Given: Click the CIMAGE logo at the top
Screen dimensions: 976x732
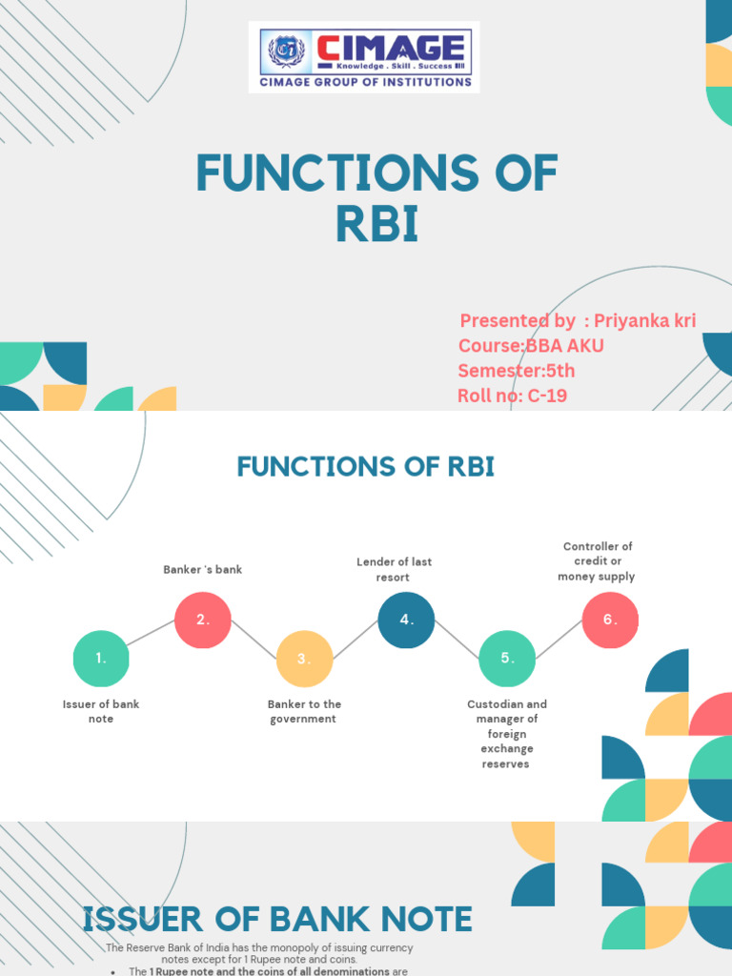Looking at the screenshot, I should point(364,57).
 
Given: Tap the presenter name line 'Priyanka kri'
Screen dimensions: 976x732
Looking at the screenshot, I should point(578,320).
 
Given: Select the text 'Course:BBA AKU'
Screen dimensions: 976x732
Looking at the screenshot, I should point(531,345).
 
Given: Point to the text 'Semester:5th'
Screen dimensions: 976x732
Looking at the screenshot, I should point(517,371).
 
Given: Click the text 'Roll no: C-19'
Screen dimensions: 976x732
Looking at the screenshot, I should point(513,395).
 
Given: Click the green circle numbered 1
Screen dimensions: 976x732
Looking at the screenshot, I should point(101,659).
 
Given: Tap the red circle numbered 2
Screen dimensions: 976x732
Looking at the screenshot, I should point(203,620).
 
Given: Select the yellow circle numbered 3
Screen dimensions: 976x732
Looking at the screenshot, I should point(304,659).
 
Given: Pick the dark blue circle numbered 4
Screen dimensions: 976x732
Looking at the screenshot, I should point(406,620).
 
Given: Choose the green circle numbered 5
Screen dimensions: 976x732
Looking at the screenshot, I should point(507,659).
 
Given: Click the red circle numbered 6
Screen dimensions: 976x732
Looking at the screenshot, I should point(610,620).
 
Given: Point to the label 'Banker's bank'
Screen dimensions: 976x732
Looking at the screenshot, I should point(203,570).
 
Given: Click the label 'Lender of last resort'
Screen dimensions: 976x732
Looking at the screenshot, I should point(393,570).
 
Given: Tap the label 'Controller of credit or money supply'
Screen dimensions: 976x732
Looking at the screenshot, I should point(597,561).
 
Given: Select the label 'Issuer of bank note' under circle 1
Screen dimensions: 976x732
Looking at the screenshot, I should point(101,711).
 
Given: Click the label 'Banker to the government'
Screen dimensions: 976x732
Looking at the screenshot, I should point(304,711).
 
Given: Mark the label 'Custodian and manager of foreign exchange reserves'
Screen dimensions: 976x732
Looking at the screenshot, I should point(507,734).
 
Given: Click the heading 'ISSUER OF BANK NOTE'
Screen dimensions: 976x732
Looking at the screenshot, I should point(277,920).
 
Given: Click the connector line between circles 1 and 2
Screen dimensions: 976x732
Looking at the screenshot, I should point(152,639).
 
